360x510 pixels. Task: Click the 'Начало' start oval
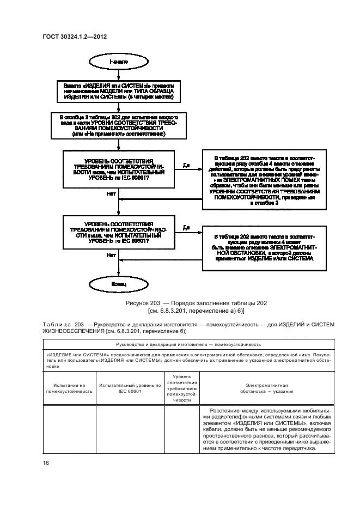coord(118,62)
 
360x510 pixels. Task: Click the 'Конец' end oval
coord(118,284)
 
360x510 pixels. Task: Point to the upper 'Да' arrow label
coord(186,165)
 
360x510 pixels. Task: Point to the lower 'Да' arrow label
coord(186,228)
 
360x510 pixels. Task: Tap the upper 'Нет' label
coord(111,193)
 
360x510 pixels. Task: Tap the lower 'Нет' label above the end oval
coord(111,254)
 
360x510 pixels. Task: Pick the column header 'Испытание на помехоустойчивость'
coord(69,388)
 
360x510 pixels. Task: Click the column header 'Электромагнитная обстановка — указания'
coord(270,388)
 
